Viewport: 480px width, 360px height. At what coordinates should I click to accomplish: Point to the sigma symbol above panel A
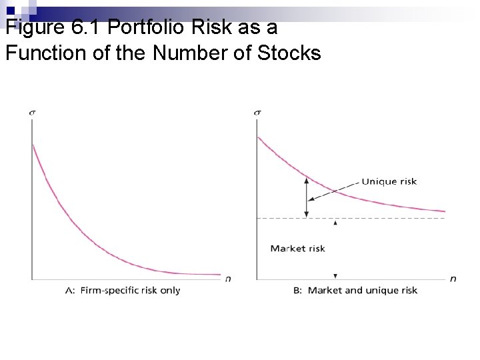[x=32, y=111]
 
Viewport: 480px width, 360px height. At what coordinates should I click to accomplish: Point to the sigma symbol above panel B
[x=257, y=111]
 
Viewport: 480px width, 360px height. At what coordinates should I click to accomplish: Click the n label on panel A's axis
[x=228, y=278]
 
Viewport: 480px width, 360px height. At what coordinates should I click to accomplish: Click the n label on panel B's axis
[x=453, y=278]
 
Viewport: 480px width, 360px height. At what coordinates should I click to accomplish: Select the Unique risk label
[x=389, y=181]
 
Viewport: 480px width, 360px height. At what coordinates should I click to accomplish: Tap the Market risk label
[x=297, y=249]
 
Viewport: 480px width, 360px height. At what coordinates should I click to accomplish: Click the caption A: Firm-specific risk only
[x=123, y=290]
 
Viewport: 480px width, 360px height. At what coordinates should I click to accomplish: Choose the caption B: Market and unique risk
[x=355, y=290]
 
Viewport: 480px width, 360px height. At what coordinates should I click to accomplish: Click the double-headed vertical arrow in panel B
[x=306, y=196]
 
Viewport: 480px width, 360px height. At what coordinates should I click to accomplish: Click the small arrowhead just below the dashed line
[x=335, y=223]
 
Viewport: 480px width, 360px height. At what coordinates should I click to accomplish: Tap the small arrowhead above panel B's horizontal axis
[x=335, y=275]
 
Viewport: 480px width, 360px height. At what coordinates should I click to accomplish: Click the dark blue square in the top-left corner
[x=10, y=10]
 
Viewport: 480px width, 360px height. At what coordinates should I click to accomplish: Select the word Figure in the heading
[x=33, y=28]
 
